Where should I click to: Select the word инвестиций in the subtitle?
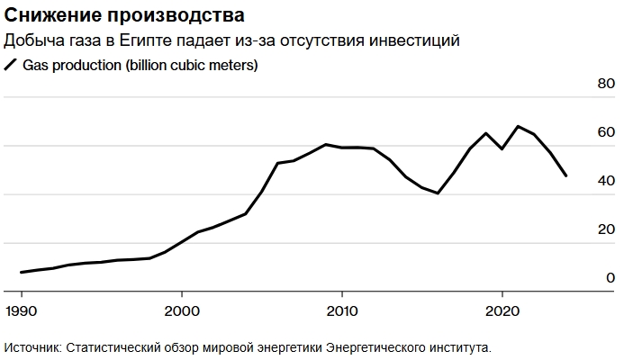tap(418, 40)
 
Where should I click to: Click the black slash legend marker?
tap(12, 65)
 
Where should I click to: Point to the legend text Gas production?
tap(74, 65)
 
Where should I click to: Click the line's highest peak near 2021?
tap(518, 126)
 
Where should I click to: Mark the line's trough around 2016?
tap(438, 193)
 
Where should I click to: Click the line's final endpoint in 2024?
tap(566, 175)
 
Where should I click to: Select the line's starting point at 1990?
tap(22, 272)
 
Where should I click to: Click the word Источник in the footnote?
tap(32, 346)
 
